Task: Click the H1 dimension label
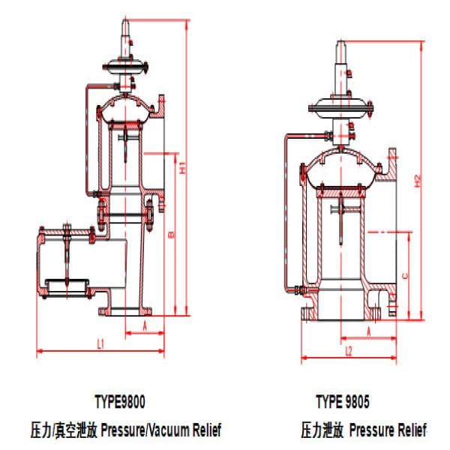[x=183, y=167]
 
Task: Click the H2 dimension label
[x=418, y=181]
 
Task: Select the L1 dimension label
[x=100, y=343]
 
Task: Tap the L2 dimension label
[x=349, y=351]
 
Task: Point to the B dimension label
[x=172, y=235]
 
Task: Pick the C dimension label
[x=405, y=276]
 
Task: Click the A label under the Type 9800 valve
[x=145, y=326]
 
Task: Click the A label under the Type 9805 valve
[x=369, y=331]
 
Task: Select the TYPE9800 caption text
[x=120, y=401]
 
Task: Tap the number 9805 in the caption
[x=357, y=401]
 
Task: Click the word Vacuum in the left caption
[x=169, y=430]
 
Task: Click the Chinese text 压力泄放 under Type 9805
[x=322, y=430]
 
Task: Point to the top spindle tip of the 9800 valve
[x=125, y=20]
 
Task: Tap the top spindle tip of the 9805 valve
[x=340, y=41]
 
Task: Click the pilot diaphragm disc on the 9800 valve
[x=125, y=67]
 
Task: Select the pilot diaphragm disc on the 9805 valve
[x=340, y=108]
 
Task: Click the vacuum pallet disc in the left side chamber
[x=67, y=285]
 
